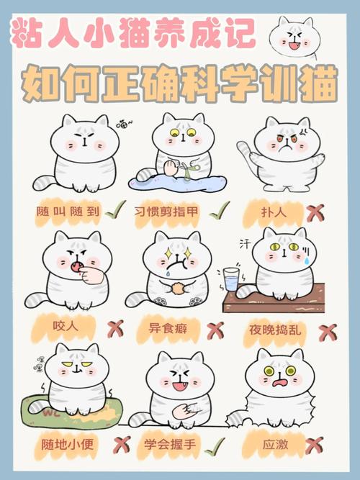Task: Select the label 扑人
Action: coord(277,212)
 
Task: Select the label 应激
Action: coord(277,443)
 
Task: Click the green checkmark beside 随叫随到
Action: coord(114,209)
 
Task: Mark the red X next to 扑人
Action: coord(315,213)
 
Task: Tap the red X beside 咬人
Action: coord(115,329)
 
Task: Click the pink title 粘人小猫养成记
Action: coord(133,34)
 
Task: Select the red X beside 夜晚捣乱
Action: coord(328,332)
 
